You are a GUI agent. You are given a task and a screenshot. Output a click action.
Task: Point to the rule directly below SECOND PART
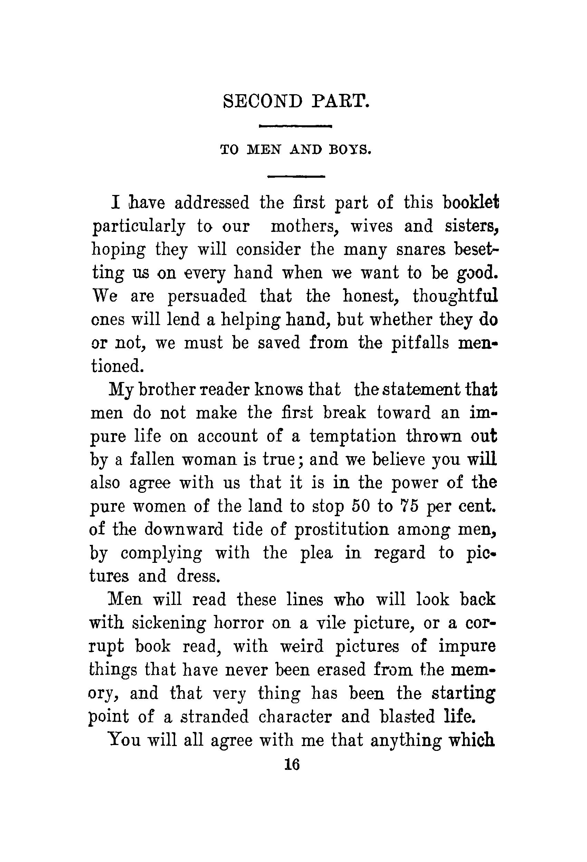295,127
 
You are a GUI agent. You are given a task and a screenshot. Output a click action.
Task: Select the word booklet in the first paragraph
471,203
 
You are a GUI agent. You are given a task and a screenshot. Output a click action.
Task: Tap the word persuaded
207,296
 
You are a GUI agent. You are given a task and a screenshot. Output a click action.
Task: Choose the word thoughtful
455,296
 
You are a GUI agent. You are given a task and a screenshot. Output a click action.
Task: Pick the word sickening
169,624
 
